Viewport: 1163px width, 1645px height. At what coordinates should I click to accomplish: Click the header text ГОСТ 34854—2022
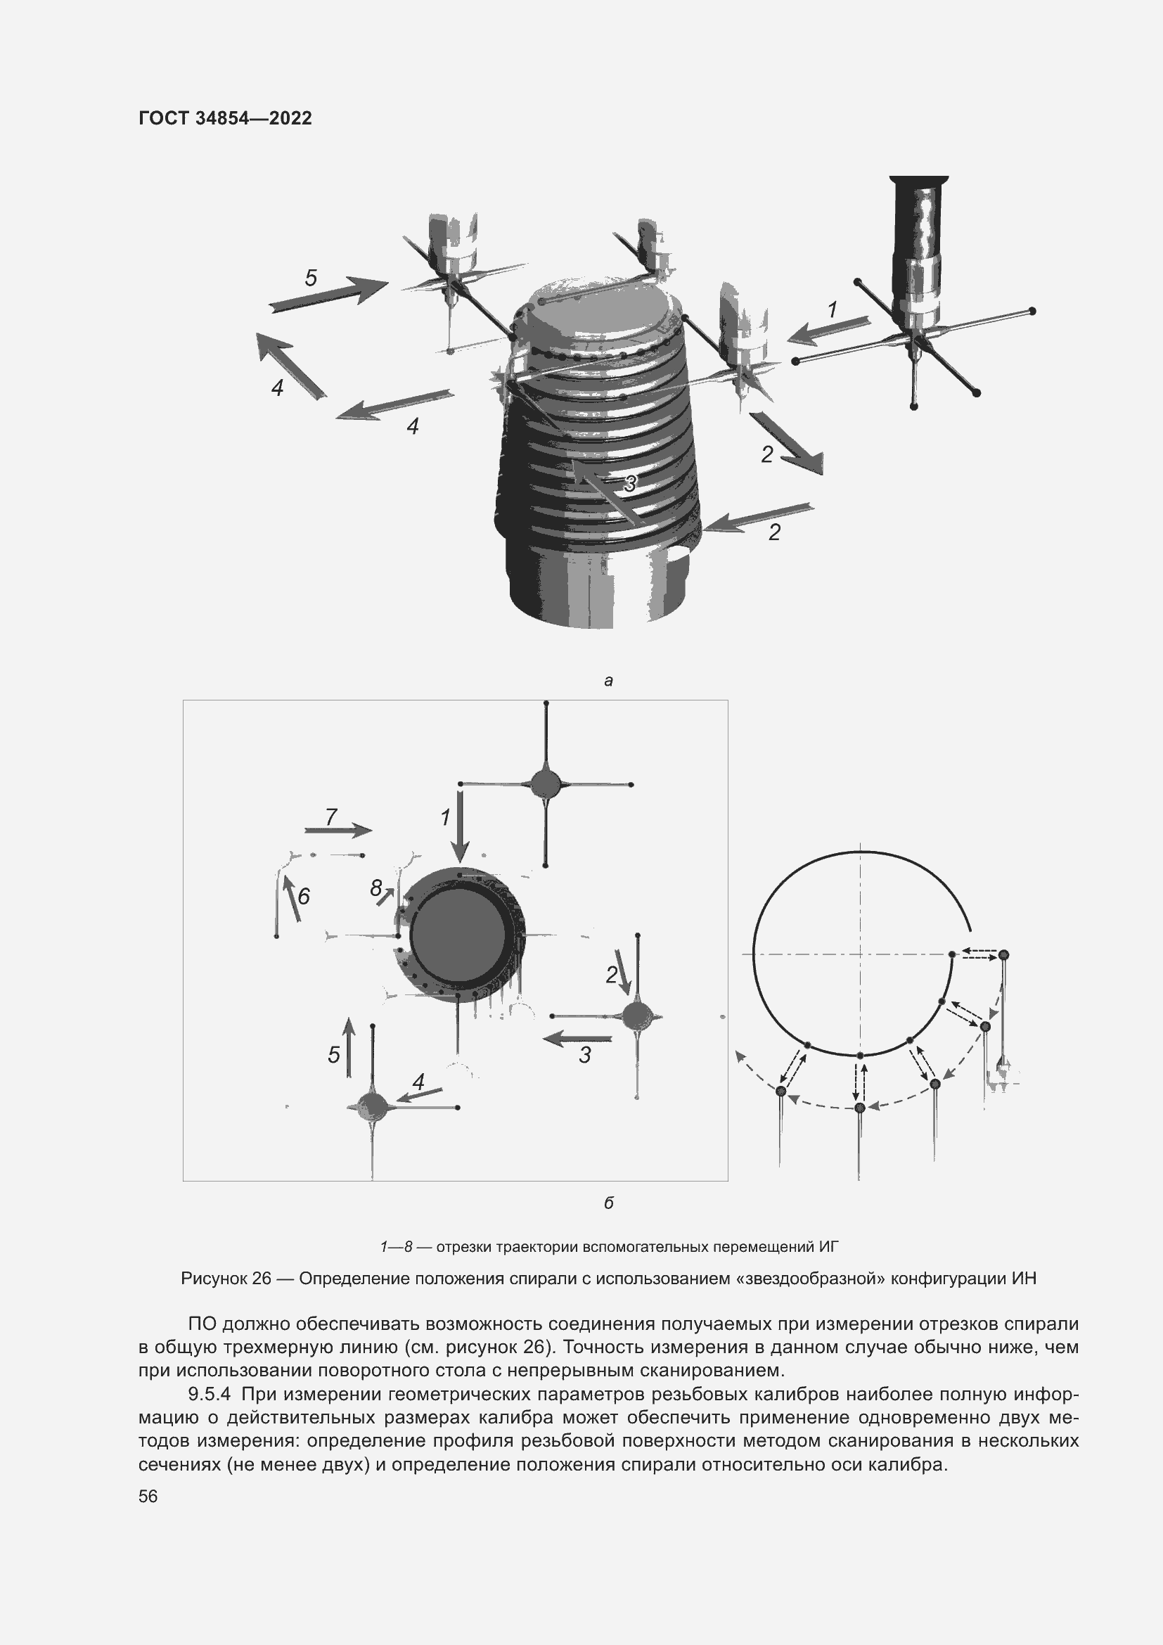(x=225, y=118)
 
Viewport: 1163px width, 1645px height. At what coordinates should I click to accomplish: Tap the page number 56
(x=148, y=1496)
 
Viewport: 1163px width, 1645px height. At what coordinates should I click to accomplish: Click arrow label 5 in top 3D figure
(x=311, y=278)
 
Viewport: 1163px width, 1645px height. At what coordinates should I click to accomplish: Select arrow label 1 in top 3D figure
(x=832, y=310)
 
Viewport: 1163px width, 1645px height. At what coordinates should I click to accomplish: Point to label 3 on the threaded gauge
(x=629, y=484)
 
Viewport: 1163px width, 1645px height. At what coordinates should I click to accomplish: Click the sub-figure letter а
(x=608, y=681)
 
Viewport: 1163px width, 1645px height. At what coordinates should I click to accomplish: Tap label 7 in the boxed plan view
(x=331, y=816)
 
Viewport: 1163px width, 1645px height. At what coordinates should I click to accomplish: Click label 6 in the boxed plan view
(x=304, y=895)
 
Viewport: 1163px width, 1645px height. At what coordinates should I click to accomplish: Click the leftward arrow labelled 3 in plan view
(x=577, y=1038)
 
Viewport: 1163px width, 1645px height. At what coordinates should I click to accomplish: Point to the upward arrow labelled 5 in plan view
(x=349, y=1046)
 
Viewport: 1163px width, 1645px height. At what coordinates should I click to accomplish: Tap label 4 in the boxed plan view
(x=418, y=1081)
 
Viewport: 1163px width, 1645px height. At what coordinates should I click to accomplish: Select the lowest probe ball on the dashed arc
(x=860, y=1108)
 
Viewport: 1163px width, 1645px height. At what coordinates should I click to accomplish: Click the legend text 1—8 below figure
(x=397, y=1247)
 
